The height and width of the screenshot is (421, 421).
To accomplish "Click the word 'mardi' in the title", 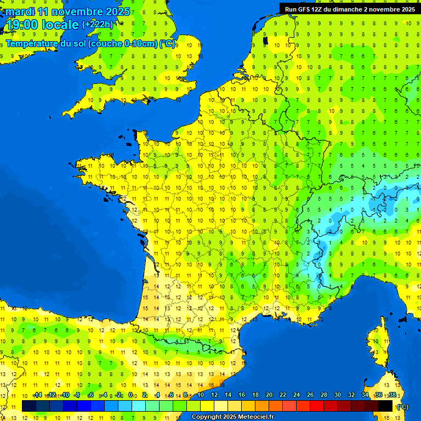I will [20, 12].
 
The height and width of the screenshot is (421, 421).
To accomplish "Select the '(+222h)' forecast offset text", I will [98, 24].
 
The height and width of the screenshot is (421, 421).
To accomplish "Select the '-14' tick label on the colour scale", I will [37, 395].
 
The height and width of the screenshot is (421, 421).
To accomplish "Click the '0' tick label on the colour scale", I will [130, 395].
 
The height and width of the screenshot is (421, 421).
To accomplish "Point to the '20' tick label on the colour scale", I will [269, 395].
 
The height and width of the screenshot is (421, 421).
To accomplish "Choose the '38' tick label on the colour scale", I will [392, 395].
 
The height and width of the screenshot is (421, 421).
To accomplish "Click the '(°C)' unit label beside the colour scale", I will [403, 407].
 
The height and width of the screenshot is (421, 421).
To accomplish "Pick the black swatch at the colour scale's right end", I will [386, 406].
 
